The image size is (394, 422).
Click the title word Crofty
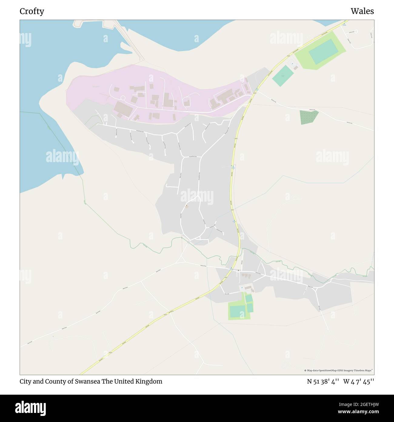(x=32, y=11)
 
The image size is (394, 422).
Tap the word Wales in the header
(x=362, y=11)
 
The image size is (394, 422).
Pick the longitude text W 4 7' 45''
(x=359, y=381)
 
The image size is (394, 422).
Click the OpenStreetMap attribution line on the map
(x=339, y=370)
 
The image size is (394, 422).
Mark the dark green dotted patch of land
(x=309, y=117)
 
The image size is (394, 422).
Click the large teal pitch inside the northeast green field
(x=323, y=52)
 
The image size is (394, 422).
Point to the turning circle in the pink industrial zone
(x=123, y=98)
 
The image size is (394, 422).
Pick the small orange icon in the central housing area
(x=186, y=206)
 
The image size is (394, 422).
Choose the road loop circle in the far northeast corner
(x=356, y=31)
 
